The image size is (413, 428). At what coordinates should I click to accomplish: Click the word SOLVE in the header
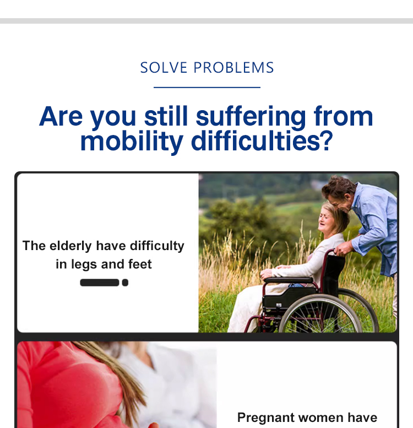tap(164, 68)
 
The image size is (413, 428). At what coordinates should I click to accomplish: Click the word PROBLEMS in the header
tap(234, 68)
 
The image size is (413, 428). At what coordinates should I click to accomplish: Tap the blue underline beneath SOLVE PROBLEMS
tap(207, 88)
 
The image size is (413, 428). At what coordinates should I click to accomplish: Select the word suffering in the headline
tap(251, 117)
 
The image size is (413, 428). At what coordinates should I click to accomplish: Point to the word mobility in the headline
tap(132, 142)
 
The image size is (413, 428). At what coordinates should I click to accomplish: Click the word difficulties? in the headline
tap(262, 141)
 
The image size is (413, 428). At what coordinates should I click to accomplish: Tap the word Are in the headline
tap(61, 117)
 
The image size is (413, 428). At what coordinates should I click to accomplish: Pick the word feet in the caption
tap(140, 264)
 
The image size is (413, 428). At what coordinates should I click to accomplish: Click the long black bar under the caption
tap(100, 283)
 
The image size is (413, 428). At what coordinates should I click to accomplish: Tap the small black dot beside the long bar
tap(125, 283)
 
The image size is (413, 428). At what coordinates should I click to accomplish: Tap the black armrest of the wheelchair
tap(289, 280)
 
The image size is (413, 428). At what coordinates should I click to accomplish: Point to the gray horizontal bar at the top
tap(206, 21)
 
